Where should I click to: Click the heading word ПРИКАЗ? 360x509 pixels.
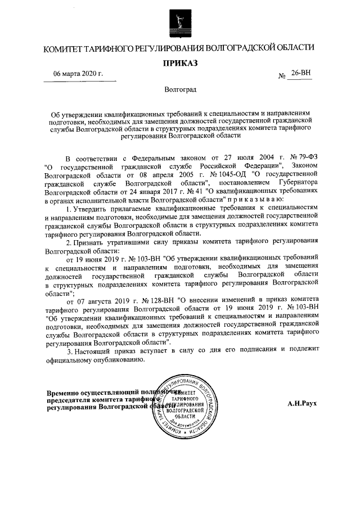180,63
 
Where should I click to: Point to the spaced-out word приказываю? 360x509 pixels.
258,200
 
